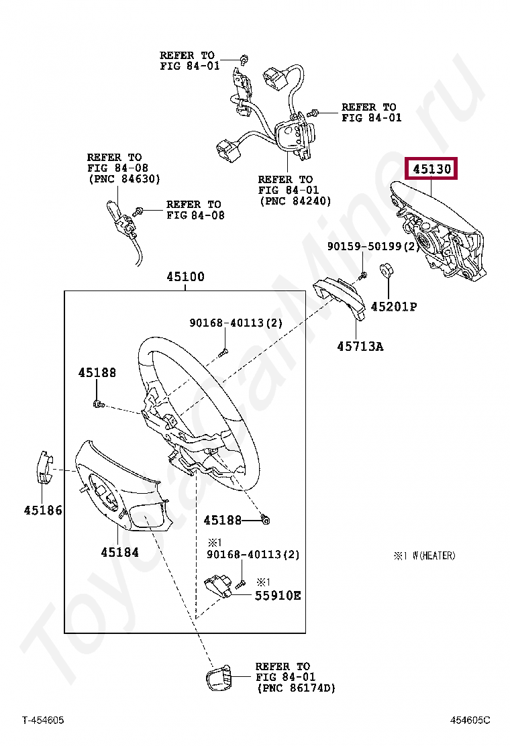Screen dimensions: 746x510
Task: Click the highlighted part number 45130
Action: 431,168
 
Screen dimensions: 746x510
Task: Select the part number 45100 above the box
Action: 186,277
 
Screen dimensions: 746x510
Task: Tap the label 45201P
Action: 394,307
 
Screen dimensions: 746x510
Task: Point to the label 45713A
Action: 360,346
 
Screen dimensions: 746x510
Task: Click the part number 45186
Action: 43,511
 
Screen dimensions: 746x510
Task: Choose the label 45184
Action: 119,552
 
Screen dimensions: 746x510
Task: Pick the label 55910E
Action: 278,595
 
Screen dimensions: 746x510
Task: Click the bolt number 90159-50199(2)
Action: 373,247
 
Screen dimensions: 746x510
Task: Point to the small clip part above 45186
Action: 43,468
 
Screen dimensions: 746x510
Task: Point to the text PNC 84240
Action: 295,201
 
